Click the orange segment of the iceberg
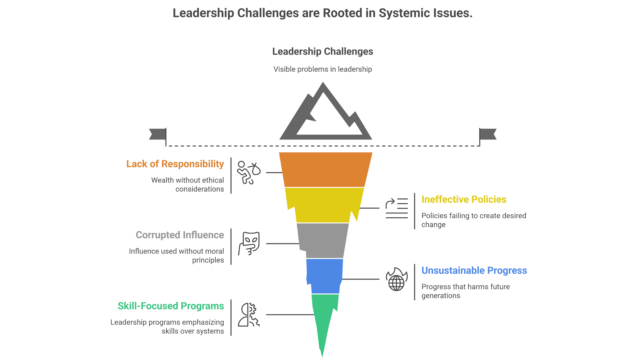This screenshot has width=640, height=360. coord(326,169)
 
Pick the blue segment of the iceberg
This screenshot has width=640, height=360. coord(324,276)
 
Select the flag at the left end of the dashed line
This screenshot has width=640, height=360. coord(157,134)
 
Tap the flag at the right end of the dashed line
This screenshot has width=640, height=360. coord(488,134)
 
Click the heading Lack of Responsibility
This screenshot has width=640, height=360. coord(175,164)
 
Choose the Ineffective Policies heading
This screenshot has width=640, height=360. coord(464,199)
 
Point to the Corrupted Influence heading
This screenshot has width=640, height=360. coord(180,235)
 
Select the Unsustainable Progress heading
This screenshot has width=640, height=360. coord(474,270)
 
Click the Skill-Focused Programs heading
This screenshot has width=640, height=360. coord(171,306)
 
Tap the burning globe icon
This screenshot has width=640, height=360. coord(396,279)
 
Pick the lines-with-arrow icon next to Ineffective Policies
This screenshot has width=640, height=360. coord(396,208)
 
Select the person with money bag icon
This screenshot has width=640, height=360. coord(248,172)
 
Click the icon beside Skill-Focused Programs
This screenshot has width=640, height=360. coord(249,315)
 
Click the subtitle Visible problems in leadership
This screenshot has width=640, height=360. coord(323,69)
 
